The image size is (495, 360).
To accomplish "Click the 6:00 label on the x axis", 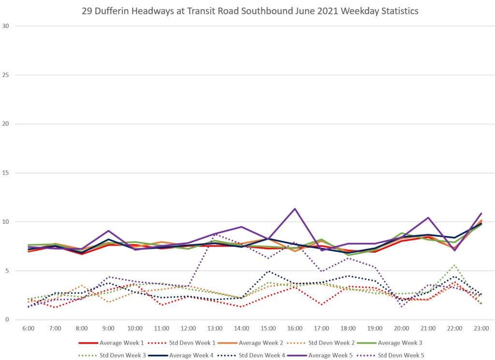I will pyautogui.click(x=29, y=329).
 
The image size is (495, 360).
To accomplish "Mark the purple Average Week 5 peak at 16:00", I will pyautogui.click(x=295, y=209).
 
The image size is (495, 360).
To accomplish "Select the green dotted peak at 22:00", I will pyautogui.click(x=454, y=265).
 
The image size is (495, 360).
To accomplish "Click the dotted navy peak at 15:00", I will pyautogui.click(x=268, y=271).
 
